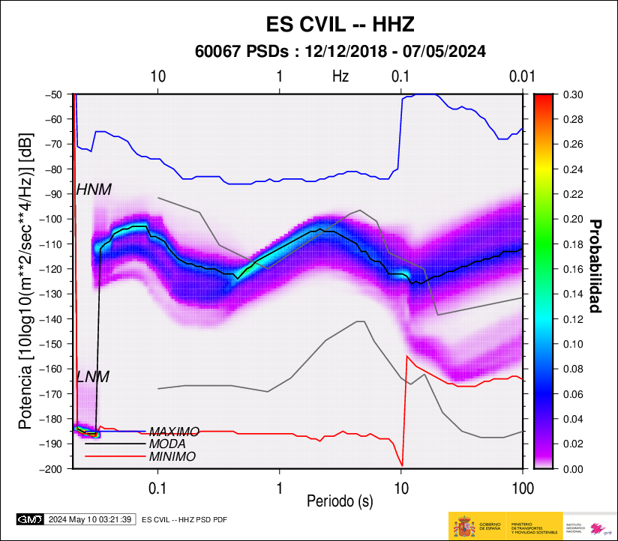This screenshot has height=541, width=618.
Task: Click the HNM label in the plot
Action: (94, 190)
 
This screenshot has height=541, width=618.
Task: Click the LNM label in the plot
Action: (93, 377)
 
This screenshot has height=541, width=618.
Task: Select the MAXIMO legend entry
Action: (174, 432)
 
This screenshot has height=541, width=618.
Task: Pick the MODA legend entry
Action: (167, 444)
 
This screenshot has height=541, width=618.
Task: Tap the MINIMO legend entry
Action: (172, 456)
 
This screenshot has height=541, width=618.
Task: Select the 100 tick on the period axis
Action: (522, 487)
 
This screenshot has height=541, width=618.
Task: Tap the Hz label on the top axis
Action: (340, 76)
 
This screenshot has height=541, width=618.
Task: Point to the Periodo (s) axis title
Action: (340, 499)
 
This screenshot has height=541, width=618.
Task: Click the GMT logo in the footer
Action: (30, 519)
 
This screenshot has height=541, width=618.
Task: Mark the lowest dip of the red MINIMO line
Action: (403, 465)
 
